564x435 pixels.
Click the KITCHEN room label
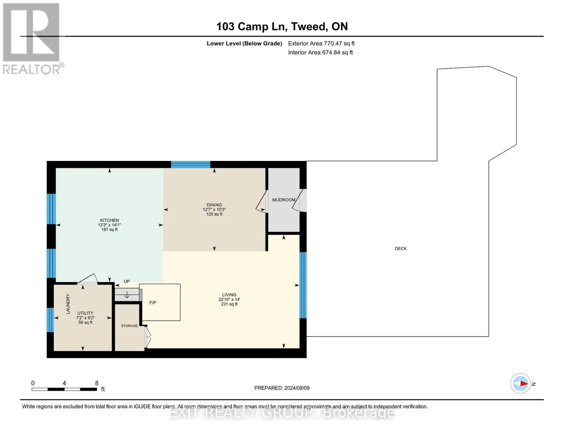pyautogui.click(x=109, y=220)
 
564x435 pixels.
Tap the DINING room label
pyautogui.click(x=214, y=205)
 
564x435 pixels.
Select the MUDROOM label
pyautogui.click(x=284, y=200)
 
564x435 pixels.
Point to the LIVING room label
pyautogui.click(x=229, y=295)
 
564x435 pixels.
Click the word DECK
pyautogui.click(x=401, y=248)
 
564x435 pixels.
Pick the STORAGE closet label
pyautogui.click(x=129, y=326)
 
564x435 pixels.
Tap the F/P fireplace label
pyautogui.click(x=153, y=303)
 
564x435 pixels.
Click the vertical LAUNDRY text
pyautogui.click(x=68, y=304)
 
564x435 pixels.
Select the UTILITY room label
pyautogui.click(x=85, y=313)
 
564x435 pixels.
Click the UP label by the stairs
pyautogui.click(x=127, y=281)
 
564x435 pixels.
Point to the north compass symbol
pyautogui.click(x=520, y=384)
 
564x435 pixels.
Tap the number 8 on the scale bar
pyautogui.click(x=97, y=383)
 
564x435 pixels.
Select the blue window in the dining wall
pyautogui.click(x=191, y=165)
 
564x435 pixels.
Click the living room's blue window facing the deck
pyautogui.click(x=303, y=285)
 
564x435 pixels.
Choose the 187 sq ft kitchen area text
pyautogui.click(x=109, y=229)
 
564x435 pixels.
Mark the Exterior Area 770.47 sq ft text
pyautogui.click(x=321, y=43)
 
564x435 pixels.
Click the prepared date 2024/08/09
pyautogui.click(x=297, y=388)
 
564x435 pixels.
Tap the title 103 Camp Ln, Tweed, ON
pyautogui.click(x=282, y=26)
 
